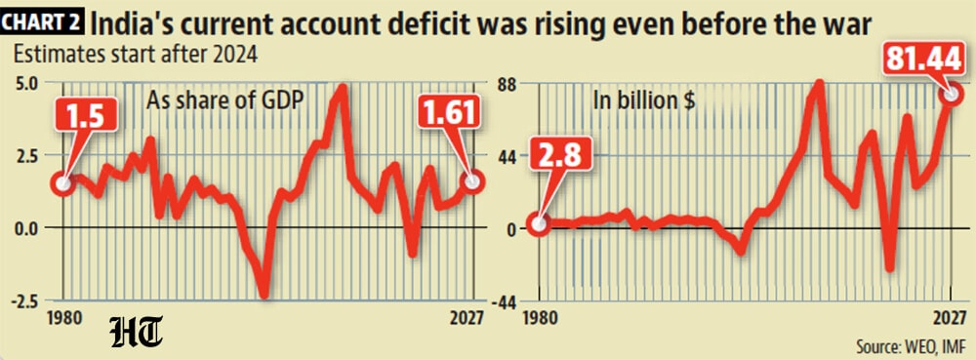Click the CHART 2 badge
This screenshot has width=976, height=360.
tap(42, 24)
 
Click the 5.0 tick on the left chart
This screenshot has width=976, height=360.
tap(25, 83)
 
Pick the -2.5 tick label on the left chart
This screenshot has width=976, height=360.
tap(23, 300)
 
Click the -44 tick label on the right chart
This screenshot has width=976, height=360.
tap(505, 301)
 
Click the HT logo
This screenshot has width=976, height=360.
tap(137, 332)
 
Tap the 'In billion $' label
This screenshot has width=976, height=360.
tap(643, 101)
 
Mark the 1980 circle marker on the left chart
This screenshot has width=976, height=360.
tap(63, 183)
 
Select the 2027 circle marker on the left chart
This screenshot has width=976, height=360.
tap(473, 181)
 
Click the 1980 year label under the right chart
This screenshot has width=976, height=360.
tap(539, 318)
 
